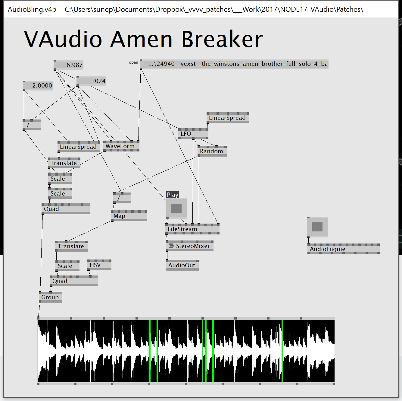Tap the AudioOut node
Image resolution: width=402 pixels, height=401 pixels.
pos(182,265)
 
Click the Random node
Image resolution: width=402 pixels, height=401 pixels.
pos(212,151)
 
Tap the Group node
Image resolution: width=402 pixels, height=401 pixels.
pos(50,297)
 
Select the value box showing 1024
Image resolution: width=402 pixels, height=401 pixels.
pos(92,81)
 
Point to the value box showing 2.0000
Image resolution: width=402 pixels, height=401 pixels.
pos(38,85)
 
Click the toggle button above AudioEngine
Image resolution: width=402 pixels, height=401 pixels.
pos(317,227)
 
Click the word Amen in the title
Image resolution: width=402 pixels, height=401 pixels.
pos(141,39)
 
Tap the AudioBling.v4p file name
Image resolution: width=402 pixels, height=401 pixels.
pos(32,9)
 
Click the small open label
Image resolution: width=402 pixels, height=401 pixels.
pos(133,62)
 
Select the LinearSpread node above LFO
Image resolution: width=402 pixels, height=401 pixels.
pos(228,118)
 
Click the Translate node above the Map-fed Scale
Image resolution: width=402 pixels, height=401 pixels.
pos(71,246)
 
